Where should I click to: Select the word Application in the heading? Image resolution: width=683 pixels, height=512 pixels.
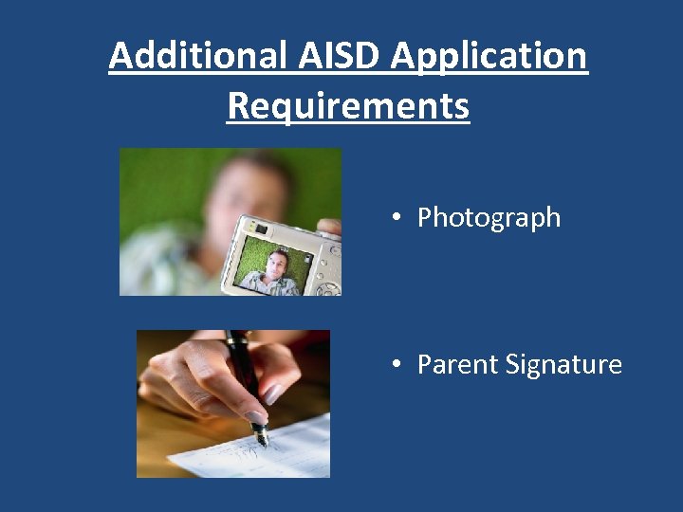(489, 57)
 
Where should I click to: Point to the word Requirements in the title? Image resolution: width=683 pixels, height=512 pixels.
(348, 106)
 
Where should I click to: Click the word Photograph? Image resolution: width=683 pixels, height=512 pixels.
(489, 218)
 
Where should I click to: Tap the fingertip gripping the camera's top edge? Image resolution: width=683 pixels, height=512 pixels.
(327, 227)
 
